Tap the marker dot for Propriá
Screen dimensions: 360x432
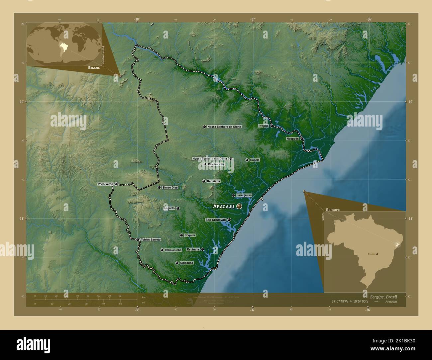pyautogui.click(x=271, y=126)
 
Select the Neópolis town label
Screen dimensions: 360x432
pyautogui.click(x=293, y=138)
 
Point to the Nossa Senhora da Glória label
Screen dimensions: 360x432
pyautogui.click(x=224, y=127)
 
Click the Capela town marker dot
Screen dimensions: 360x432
pyautogui.click(x=247, y=160)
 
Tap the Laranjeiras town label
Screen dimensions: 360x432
pyautogui.click(x=244, y=195)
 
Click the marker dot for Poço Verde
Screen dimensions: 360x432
pyautogui.click(x=116, y=184)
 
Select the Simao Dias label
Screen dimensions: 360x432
pyautogui.click(x=170, y=188)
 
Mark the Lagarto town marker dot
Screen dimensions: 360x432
pyautogui.click(x=178, y=209)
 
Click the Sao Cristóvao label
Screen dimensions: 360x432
pyautogui.click(x=216, y=220)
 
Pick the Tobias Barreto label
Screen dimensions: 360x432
pyautogui.click(x=151, y=239)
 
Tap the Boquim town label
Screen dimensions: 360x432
pyautogui.click(x=190, y=235)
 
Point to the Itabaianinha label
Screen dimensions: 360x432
pyautogui.click(x=173, y=250)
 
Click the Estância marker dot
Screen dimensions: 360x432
pyautogui.click(x=202, y=249)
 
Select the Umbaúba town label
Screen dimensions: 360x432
pyautogui.click(x=186, y=263)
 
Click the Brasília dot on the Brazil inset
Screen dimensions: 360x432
pyautogui.click(x=377, y=254)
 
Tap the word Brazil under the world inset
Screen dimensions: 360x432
pyautogui.click(x=94, y=67)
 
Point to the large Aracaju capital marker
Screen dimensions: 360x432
pyautogui.click(x=239, y=206)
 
